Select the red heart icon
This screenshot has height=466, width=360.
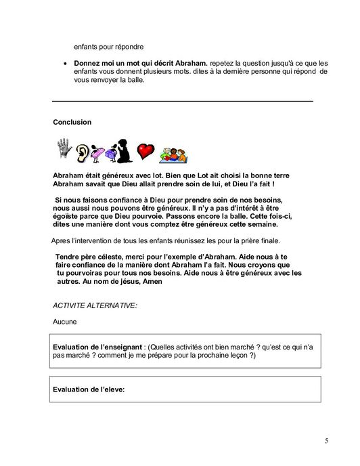click(x=145, y=150)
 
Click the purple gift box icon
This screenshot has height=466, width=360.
click(x=101, y=152)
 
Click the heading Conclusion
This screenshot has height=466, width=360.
click(x=72, y=123)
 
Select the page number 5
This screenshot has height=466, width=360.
click(x=326, y=442)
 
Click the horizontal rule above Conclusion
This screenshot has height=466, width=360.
click(x=183, y=101)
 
